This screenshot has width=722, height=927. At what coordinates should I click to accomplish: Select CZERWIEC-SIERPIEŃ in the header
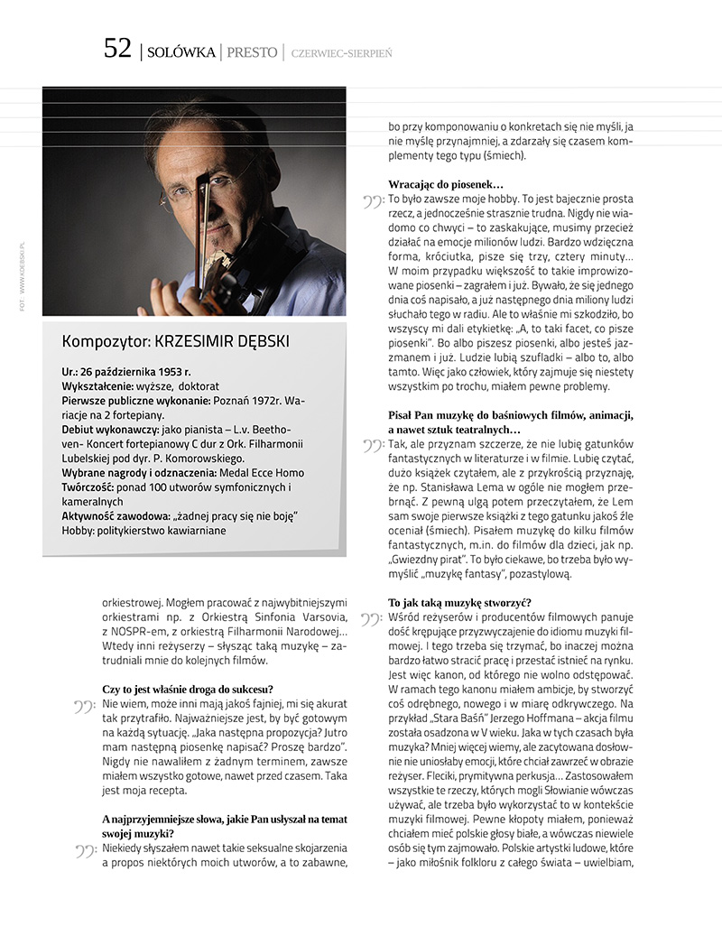click(x=341, y=53)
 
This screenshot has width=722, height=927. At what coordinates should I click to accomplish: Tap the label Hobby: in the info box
click(x=79, y=530)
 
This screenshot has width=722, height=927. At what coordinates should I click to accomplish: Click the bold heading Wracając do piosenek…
click(x=446, y=184)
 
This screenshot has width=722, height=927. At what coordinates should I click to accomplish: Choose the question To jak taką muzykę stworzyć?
click(x=459, y=602)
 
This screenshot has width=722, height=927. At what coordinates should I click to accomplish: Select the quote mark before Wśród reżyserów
click(x=371, y=620)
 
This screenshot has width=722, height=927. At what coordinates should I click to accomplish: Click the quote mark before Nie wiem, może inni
click(x=86, y=706)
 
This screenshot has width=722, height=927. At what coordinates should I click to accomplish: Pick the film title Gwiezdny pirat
click(x=428, y=557)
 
